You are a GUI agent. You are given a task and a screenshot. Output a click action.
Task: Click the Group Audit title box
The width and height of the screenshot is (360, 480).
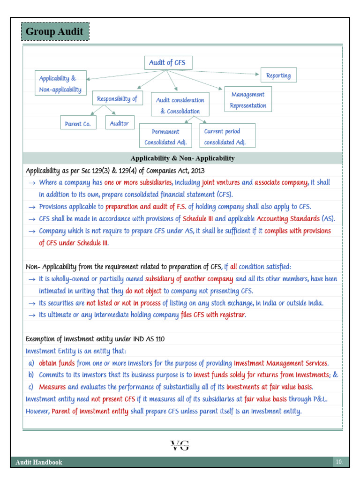coord(55,32)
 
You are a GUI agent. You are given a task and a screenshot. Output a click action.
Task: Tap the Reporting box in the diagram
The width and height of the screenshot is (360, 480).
coord(278,75)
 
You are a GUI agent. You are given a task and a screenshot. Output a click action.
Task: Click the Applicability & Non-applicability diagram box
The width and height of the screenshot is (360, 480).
coord(60,84)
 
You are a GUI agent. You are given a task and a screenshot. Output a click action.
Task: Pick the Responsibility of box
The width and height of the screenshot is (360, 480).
coord(117,98)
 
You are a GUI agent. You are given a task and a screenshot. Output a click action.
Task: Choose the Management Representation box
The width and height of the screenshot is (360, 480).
coord(248,100)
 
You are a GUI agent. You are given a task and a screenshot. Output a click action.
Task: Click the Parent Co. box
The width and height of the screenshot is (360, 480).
coord(78,124)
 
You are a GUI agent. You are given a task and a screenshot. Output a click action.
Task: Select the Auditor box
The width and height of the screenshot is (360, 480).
coord(120,123)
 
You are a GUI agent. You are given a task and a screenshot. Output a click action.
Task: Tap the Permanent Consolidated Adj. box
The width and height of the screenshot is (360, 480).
coord(165,137)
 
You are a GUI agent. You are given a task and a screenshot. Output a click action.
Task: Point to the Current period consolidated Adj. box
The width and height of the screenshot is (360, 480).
coord(227,137)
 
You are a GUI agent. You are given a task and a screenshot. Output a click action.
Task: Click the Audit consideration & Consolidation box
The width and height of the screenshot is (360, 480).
coord(180,105)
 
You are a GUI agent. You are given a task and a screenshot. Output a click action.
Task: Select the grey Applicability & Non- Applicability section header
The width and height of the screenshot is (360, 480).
coord(182,158)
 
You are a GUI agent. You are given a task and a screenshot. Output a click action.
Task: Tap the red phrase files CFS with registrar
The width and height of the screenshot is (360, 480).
coord(213,315)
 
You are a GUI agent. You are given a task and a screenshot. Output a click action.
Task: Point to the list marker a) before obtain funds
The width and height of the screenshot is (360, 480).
coord(31,363)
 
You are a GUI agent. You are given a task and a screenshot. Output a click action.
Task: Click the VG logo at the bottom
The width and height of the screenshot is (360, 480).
coord(180,445)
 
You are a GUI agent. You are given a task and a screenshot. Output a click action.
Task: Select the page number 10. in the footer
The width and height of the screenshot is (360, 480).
coord(339,462)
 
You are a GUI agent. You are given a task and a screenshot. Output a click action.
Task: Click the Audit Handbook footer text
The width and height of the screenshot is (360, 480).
coord(39,462)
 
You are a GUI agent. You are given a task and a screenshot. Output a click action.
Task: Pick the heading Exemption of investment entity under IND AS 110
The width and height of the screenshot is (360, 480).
coord(95,339)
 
